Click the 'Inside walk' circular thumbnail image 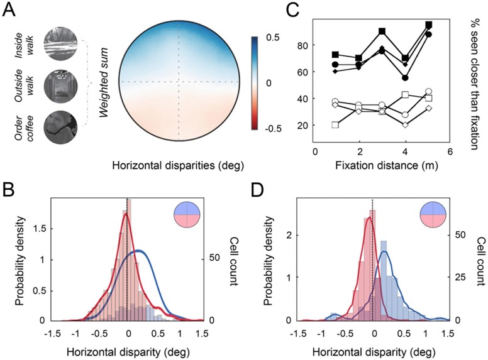click(61, 43)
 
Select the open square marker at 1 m click(335, 125)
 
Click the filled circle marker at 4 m click(405, 78)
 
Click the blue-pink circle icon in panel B click(187, 214)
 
